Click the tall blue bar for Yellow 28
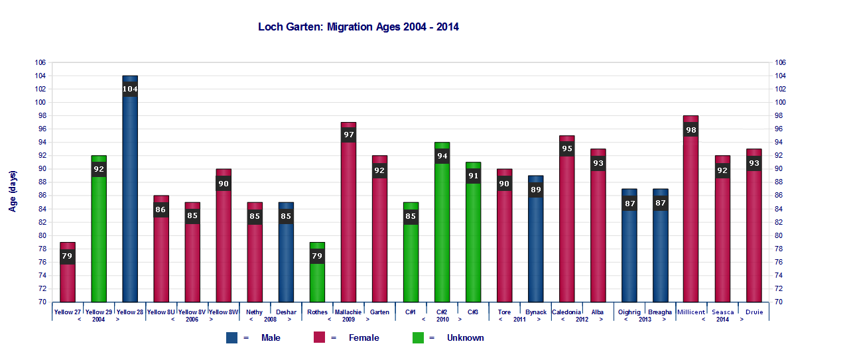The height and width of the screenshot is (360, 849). click(130, 199)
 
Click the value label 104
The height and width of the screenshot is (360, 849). click(130, 89)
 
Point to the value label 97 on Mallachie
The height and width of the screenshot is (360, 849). click(348, 135)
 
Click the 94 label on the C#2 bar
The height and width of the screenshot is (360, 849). click(442, 156)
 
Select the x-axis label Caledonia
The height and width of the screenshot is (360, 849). click(566, 312)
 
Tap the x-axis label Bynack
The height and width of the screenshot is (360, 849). click(535, 312)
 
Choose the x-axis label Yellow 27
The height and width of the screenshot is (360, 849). click(68, 312)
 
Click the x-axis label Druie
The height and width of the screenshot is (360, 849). click(753, 312)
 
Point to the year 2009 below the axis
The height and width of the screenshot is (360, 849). click(348, 320)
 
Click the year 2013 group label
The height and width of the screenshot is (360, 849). click(645, 320)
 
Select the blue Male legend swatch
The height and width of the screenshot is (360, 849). click(231, 337)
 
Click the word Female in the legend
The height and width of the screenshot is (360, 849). click(363, 337)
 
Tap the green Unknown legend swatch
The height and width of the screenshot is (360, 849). click(418, 337)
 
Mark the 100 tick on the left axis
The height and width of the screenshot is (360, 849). click(40, 102)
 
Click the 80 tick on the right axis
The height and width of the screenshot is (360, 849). click(780, 235)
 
